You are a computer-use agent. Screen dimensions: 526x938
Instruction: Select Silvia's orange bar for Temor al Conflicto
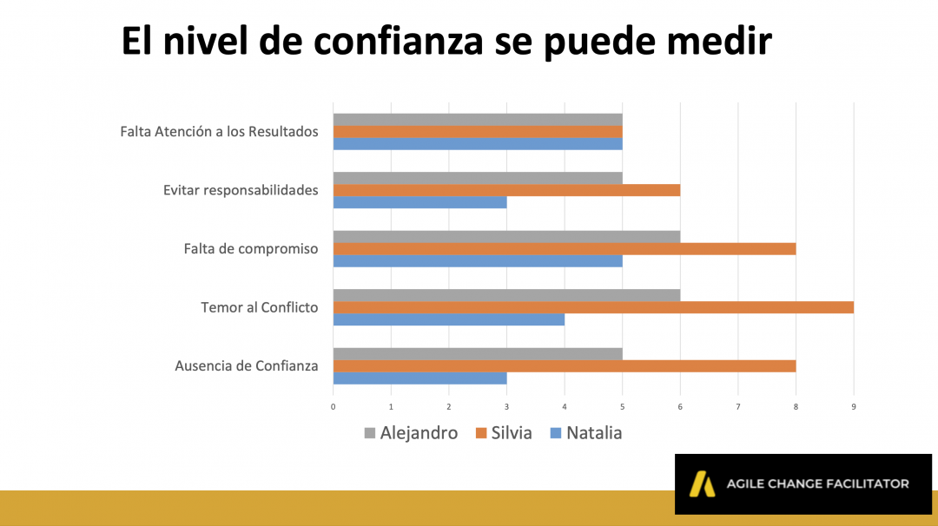click(593, 307)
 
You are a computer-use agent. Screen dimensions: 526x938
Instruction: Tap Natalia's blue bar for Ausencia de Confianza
click(419, 378)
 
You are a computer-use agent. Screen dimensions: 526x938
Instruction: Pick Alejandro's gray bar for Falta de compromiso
click(506, 236)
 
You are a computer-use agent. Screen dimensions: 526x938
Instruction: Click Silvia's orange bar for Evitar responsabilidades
click(506, 190)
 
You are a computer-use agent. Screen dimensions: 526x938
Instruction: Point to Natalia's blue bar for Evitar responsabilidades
click(419, 202)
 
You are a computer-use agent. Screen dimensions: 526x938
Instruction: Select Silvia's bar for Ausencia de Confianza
click(565, 365)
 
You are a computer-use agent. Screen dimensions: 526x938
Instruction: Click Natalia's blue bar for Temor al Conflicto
click(448, 319)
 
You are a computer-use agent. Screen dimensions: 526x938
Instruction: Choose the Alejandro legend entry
click(411, 432)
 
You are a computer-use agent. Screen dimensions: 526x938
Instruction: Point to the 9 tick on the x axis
click(854, 405)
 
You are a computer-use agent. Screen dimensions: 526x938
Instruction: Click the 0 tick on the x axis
click(334, 405)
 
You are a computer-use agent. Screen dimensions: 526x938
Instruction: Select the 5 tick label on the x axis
click(623, 405)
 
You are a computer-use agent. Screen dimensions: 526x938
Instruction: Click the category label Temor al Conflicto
click(259, 307)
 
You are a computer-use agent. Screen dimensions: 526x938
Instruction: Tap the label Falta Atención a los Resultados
click(219, 132)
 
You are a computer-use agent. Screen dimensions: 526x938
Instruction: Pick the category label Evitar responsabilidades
click(241, 190)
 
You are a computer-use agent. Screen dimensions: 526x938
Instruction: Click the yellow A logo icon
click(702, 484)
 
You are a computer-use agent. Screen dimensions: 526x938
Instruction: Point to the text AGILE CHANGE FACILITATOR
click(818, 483)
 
